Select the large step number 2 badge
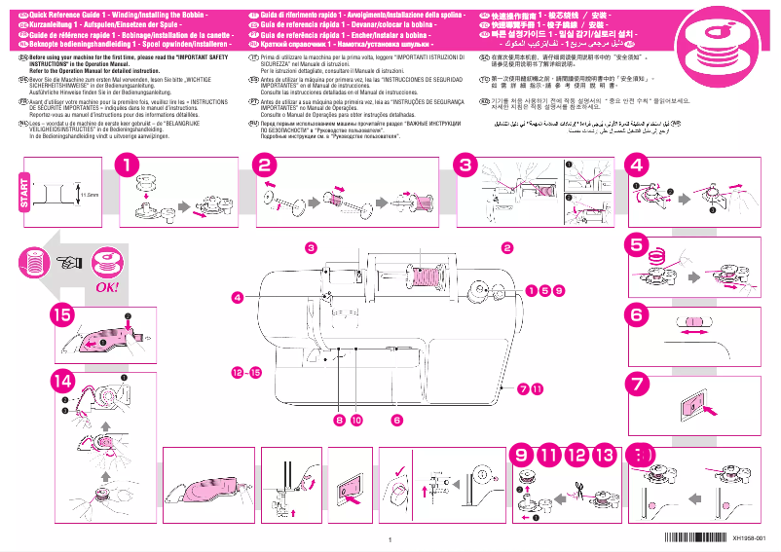[x=266, y=166]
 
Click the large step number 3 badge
[x=466, y=166]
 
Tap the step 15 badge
[x=62, y=314]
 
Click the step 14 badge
[x=62, y=381]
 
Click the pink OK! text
[x=106, y=288]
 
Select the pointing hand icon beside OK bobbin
[x=69, y=261]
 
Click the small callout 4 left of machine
[x=237, y=296]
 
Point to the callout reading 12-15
[x=245, y=373]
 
